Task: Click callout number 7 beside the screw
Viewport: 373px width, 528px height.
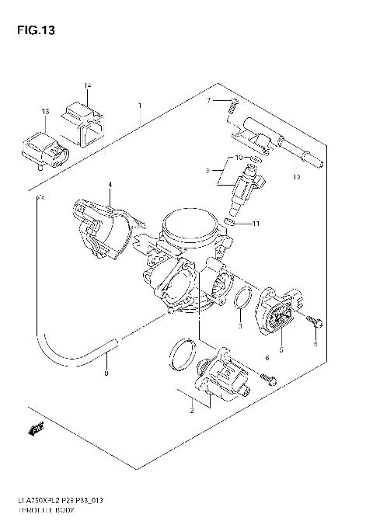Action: point(209,101)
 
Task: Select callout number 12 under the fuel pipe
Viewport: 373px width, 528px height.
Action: point(295,177)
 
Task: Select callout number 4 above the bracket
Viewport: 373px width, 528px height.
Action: point(110,184)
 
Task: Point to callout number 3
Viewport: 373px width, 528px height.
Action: point(240,325)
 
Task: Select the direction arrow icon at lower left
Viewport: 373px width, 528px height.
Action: point(37,427)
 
